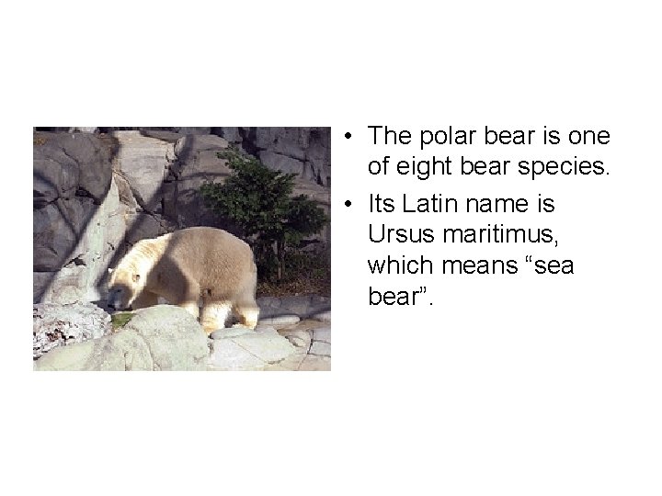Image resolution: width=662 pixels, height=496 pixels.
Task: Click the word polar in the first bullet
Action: [441, 137]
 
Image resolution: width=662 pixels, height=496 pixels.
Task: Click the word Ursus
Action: [398, 234]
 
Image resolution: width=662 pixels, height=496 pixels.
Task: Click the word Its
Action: [382, 201]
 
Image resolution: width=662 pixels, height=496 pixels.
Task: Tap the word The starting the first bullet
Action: [387, 137]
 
